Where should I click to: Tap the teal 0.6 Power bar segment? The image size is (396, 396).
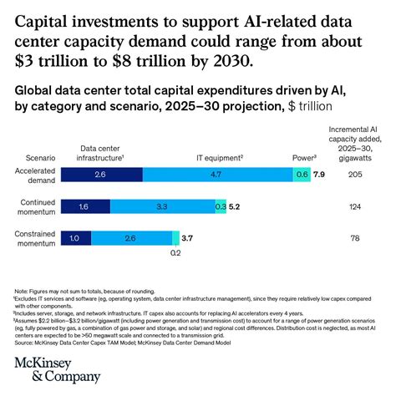[302, 174]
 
